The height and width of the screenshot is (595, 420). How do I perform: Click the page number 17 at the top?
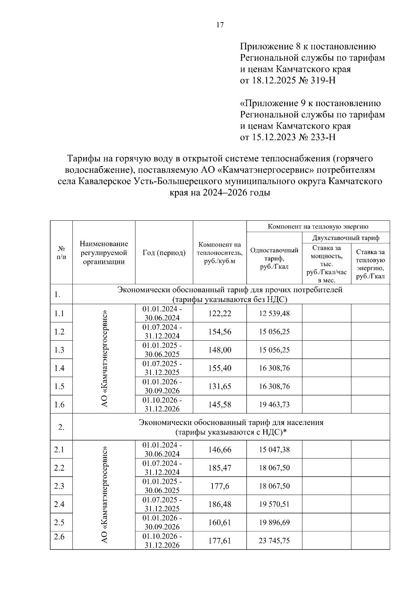pos(220,25)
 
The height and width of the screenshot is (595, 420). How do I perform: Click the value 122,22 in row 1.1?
pos(220,313)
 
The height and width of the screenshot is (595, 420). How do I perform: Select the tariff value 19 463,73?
pos(274,404)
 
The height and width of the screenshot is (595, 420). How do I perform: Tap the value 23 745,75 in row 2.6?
pos(274,540)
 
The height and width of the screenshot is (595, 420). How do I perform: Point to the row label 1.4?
pos(59,368)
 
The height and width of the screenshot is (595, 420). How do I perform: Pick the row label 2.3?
pos(59,486)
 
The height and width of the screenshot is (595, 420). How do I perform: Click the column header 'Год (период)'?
pos(164,253)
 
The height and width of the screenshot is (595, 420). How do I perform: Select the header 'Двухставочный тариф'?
pos(346,238)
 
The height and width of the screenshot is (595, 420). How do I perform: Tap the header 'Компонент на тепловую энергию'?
pos(318,226)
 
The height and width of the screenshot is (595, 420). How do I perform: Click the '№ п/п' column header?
pos(61,252)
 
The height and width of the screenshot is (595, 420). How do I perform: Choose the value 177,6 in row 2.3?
pos(220,486)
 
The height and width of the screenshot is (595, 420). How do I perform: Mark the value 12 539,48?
pos(274,313)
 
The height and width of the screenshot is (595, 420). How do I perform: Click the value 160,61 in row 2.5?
pos(220,522)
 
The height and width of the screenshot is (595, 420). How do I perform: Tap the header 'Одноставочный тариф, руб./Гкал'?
pos(274,258)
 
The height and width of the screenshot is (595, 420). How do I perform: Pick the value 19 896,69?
pos(274,522)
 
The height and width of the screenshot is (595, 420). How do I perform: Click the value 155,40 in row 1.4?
pos(220,368)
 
